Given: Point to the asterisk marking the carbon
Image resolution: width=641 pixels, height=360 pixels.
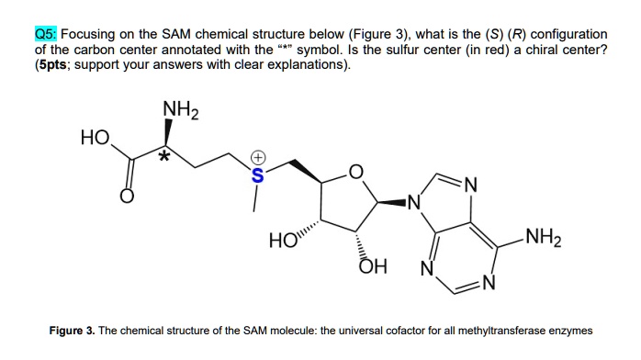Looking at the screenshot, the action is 164,158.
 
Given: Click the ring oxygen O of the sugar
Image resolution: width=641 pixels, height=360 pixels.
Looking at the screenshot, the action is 356,172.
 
